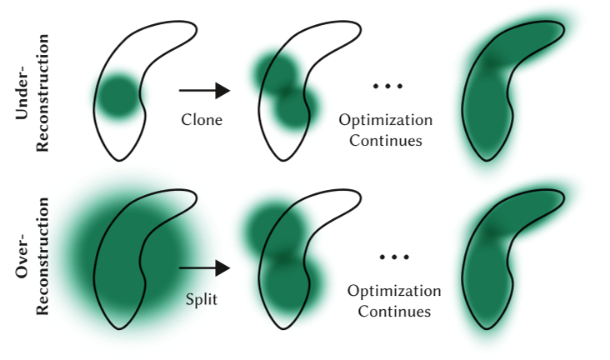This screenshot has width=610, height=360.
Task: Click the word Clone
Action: tap(202, 119)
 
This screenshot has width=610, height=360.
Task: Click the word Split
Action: tap(201, 298)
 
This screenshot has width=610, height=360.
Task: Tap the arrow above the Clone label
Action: tap(203, 89)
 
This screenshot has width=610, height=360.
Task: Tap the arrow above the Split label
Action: tap(203, 267)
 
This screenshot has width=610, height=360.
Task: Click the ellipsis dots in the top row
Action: tap(386, 86)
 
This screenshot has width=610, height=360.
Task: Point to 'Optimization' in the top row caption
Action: tap(386, 119)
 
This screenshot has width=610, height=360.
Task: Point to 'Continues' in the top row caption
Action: tap(386, 140)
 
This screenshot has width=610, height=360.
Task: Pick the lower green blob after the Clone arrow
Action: tap(295, 107)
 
